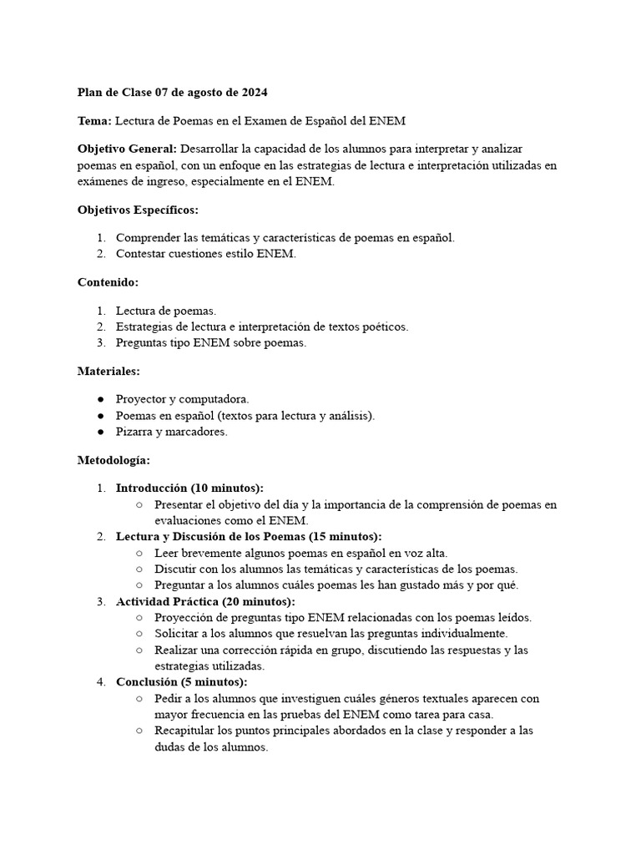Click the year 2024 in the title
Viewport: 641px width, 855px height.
tap(254, 92)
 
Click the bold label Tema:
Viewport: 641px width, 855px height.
tap(94, 121)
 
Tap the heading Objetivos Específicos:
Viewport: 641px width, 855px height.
tap(138, 209)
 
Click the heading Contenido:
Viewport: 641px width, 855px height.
tap(108, 282)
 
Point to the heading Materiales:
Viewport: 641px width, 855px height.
tap(109, 370)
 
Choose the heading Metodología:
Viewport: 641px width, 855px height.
tap(114, 459)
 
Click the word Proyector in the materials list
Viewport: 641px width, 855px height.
tap(140, 400)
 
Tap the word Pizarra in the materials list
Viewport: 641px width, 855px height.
tap(136, 431)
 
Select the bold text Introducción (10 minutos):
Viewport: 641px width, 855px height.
tap(189, 488)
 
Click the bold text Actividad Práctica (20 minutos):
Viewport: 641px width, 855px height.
tap(205, 602)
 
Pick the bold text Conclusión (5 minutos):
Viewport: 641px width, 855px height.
tap(181, 682)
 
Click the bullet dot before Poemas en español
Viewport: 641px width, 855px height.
tap(100, 416)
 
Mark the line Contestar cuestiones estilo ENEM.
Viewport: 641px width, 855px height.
tap(205, 254)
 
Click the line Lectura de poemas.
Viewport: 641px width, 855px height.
tap(165, 311)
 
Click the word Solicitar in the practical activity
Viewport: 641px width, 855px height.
tap(179, 634)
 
